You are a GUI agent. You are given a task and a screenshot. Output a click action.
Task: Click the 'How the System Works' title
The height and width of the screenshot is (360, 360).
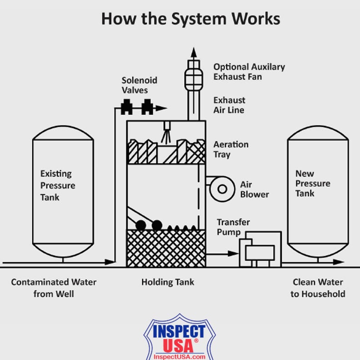point(190,19)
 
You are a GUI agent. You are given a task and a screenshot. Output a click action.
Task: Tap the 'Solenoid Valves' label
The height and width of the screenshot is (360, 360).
point(140,85)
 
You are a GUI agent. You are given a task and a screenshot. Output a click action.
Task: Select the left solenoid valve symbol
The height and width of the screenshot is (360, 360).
point(126,107)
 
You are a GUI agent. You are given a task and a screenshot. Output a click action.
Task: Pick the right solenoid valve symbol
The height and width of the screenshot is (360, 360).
point(147,107)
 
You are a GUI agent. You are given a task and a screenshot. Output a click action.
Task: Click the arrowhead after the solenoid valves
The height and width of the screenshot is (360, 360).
point(161,108)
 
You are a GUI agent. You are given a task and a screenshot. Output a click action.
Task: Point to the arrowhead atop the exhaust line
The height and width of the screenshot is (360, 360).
point(194,52)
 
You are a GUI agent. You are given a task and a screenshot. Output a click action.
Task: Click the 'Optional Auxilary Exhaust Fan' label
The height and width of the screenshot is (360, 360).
point(249,72)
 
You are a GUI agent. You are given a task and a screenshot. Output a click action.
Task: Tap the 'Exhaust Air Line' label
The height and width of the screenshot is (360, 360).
point(229,105)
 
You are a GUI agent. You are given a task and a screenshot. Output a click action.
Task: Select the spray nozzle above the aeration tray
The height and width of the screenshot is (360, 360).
point(167,133)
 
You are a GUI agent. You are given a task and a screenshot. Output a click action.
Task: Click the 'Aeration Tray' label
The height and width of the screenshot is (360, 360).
point(231,150)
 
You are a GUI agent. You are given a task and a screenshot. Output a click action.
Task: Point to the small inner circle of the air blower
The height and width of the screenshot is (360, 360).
point(222,189)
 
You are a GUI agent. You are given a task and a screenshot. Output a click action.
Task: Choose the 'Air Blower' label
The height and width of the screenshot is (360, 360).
point(255,190)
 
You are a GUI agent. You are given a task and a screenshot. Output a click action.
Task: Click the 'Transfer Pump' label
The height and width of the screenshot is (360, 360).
point(233,227)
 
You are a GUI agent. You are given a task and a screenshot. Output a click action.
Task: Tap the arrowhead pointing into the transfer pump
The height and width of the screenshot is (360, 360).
point(233,254)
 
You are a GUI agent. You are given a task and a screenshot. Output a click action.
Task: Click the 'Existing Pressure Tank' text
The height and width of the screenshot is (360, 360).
point(58,185)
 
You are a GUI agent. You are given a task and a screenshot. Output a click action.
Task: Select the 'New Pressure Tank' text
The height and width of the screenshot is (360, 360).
point(313,184)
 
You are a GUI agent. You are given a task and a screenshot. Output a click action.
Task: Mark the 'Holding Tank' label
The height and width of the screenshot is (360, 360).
point(168,282)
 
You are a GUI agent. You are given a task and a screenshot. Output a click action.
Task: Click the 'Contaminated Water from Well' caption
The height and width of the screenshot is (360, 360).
point(54,288)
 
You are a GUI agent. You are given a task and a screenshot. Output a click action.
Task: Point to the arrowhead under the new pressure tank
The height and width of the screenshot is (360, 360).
point(339,262)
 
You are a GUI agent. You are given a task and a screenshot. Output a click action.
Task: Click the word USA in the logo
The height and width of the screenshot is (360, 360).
point(178,346)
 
